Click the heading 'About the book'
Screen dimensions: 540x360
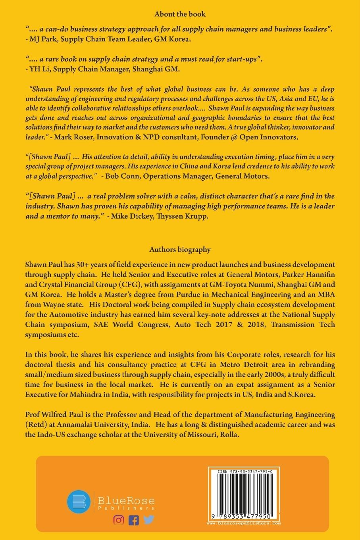pyautogui.click(x=180, y=14)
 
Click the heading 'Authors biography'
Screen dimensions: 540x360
pyautogui.click(x=180, y=250)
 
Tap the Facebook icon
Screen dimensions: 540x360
pyautogui.click(x=134, y=520)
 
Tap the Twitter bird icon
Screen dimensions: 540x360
pyautogui.click(x=149, y=519)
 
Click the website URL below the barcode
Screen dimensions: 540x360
pyautogui.click(x=244, y=523)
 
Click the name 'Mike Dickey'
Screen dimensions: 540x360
pyautogui.click(x=132, y=216)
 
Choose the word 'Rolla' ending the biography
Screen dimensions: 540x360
pyautogui.click(x=229, y=434)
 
